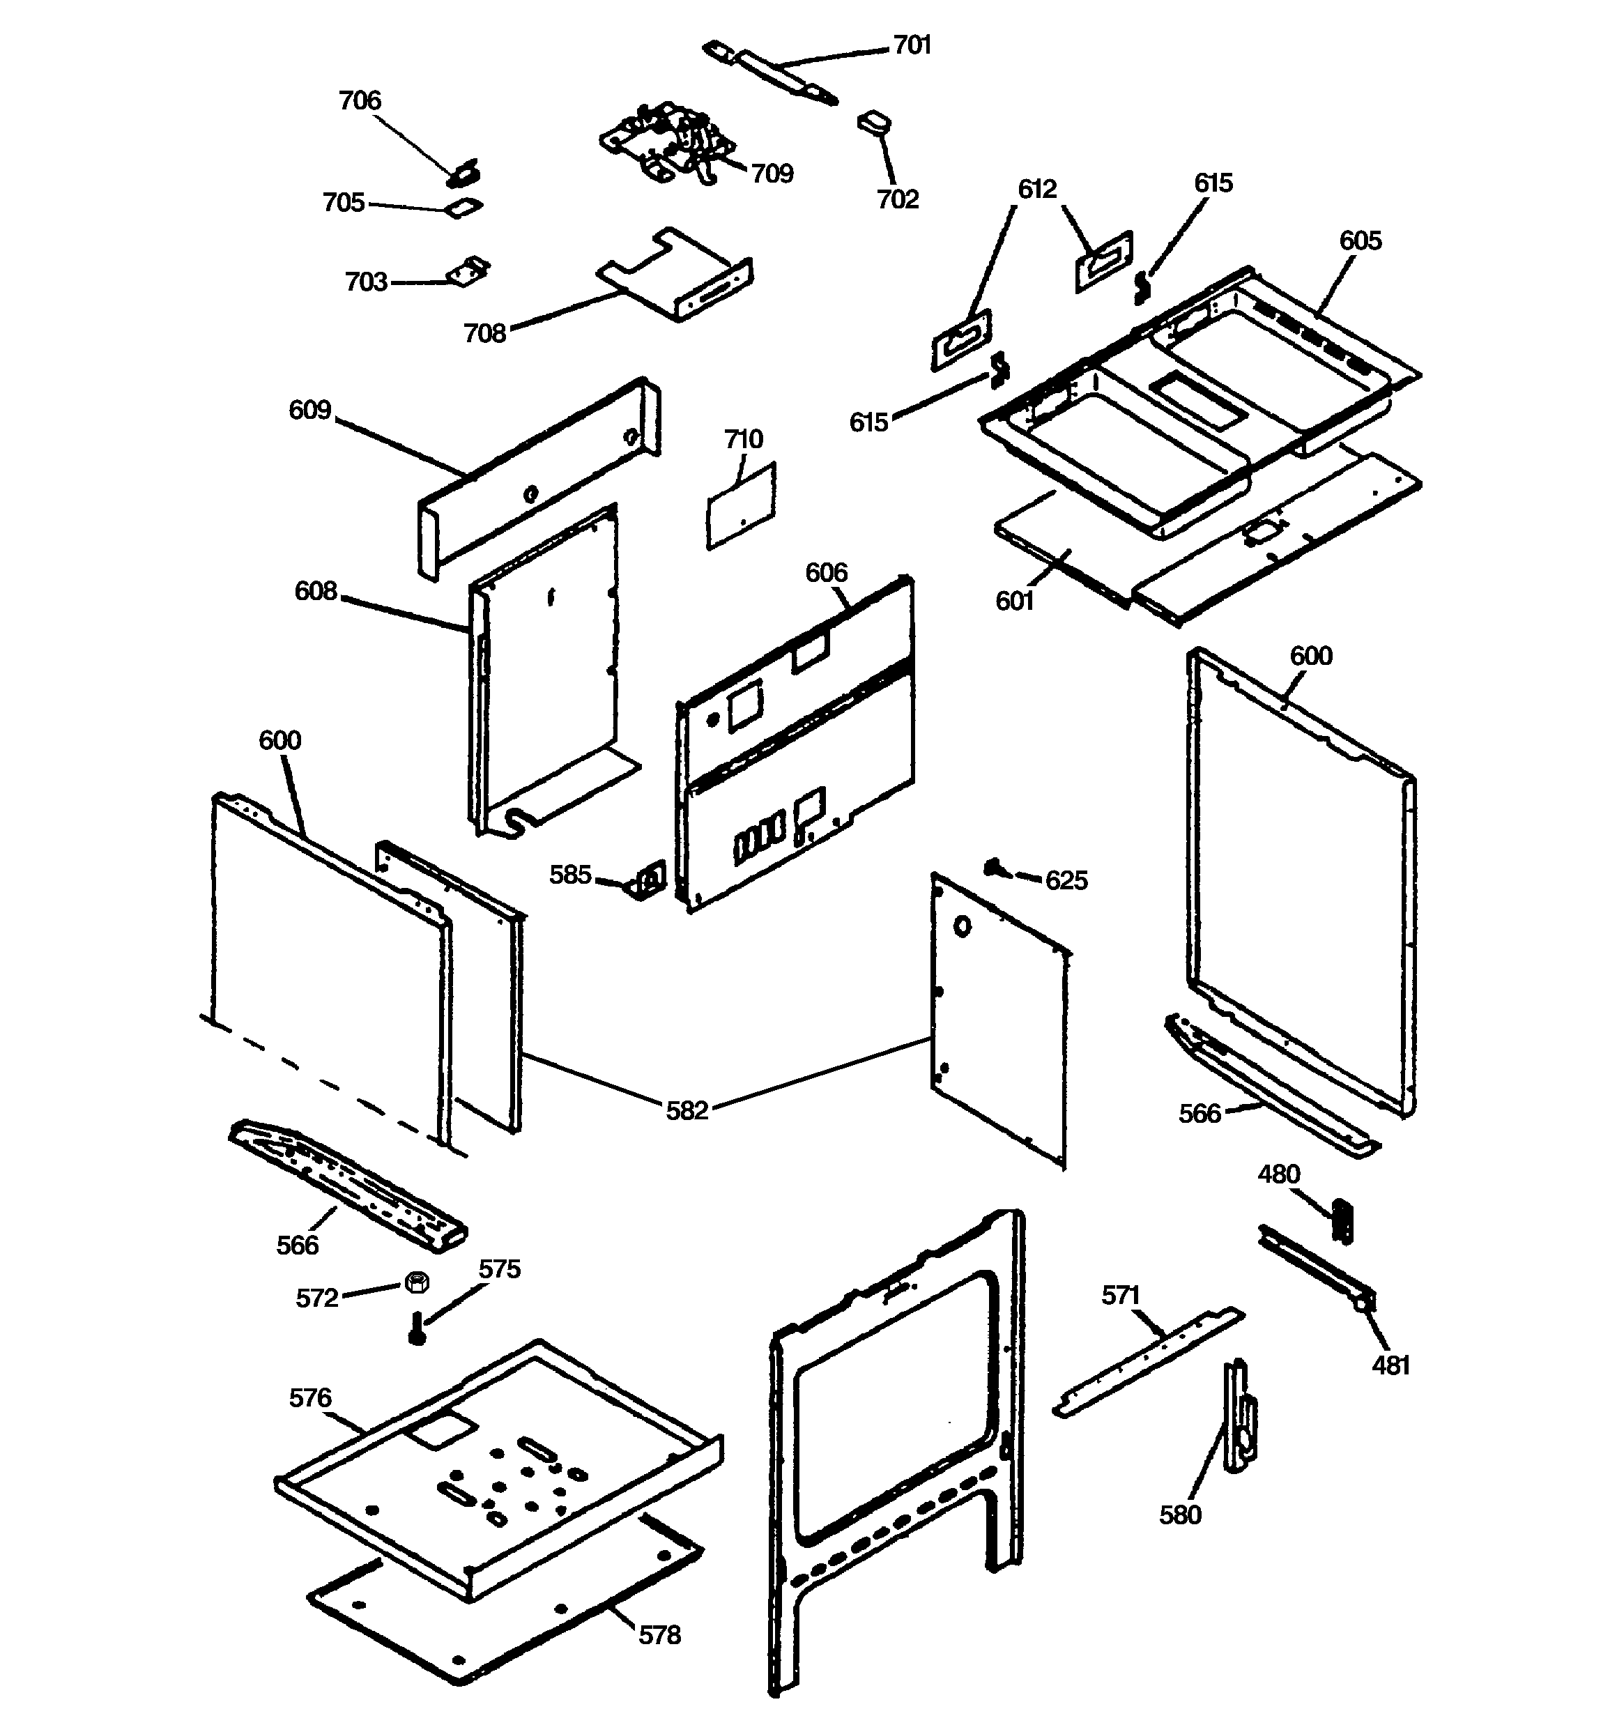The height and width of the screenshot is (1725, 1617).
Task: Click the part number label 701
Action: pyautogui.click(x=912, y=45)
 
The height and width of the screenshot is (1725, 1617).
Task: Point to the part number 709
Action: pyautogui.click(x=772, y=174)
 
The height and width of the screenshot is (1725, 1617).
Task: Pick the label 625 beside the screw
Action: pyautogui.click(x=1066, y=881)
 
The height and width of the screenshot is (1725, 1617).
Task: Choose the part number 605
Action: pyautogui.click(x=1360, y=240)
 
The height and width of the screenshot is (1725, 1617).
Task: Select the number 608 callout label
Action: pyautogui.click(x=315, y=591)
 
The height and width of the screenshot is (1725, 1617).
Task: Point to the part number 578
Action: pyautogui.click(x=659, y=1636)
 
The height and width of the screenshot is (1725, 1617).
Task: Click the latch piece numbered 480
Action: pyautogui.click(x=1342, y=1221)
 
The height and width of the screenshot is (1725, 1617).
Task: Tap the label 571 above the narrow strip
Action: pyautogui.click(x=1119, y=1296)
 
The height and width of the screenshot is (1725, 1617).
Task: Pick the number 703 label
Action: pyautogui.click(x=365, y=282)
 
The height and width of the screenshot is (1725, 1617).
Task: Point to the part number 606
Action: pyautogui.click(x=825, y=573)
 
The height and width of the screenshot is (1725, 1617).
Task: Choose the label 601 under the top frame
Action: pyautogui.click(x=1015, y=601)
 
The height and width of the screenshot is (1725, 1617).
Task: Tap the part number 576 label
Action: pyautogui.click(x=310, y=1398)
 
